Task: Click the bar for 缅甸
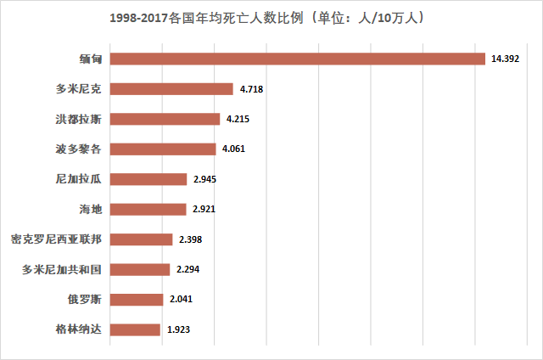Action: (x=297, y=59)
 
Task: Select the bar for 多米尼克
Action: (x=171, y=89)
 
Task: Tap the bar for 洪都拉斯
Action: (x=165, y=119)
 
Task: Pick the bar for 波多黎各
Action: (x=163, y=149)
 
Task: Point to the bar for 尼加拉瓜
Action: (x=148, y=179)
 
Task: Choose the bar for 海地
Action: (x=148, y=209)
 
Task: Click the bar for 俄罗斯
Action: (x=137, y=299)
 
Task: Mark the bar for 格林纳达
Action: (x=135, y=329)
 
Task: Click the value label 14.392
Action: (x=507, y=59)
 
